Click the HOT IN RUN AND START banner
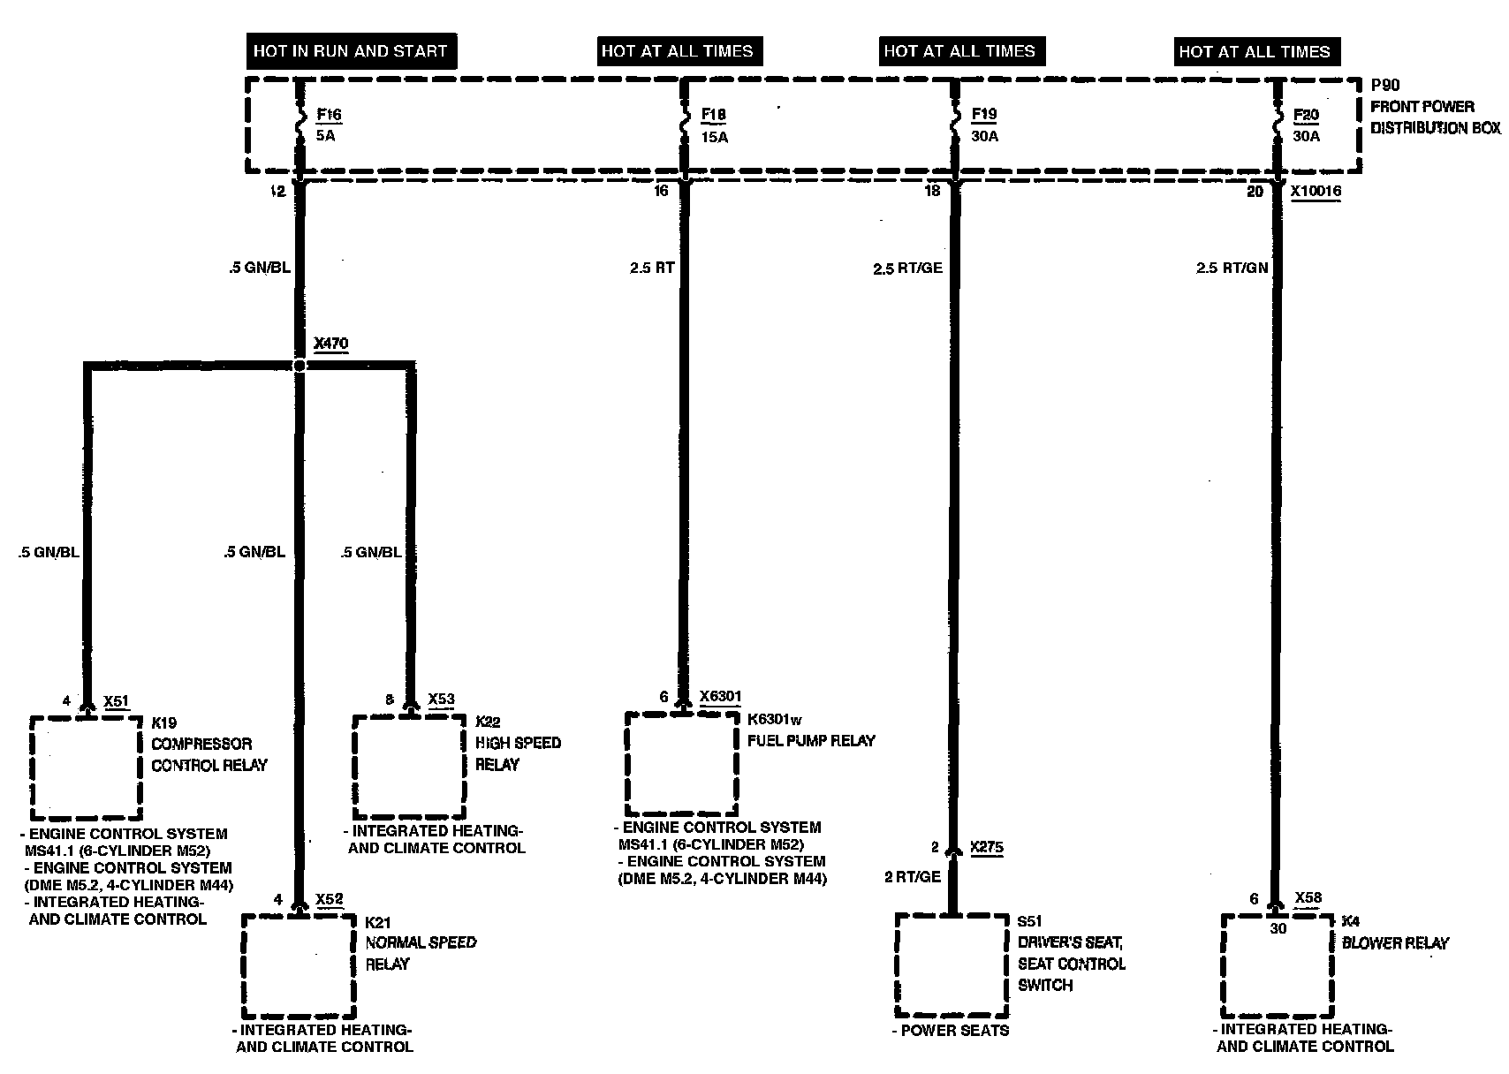coord(351,51)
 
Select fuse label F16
coord(329,115)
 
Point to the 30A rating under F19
coord(984,137)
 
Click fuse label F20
coord(1306,115)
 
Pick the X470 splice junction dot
coord(300,365)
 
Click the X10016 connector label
coord(1316,191)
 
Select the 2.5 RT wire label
coord(652,268)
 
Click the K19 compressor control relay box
coord(86,767)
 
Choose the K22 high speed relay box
coord(409,766)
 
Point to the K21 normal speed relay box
coord(300,965)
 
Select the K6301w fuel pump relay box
coord(681,763)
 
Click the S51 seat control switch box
coord(952,965)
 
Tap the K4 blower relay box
coord(1277,965)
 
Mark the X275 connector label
coord(987,848)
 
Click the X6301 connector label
coord(720,697)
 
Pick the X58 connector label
coord(1308,899)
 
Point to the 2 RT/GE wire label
coord(913,877)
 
